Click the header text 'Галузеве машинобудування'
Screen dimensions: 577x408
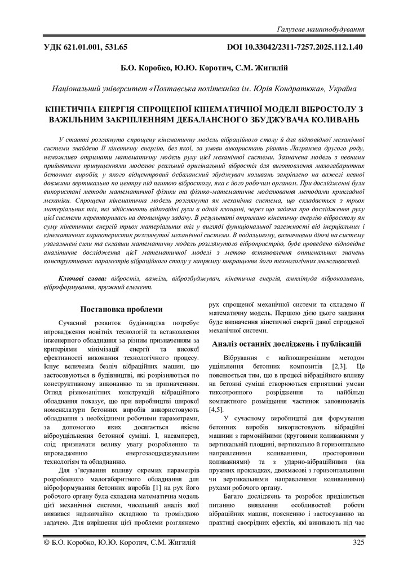pos(320,28)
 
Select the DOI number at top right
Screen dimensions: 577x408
pos(295,47)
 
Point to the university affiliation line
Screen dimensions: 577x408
pos(203,88)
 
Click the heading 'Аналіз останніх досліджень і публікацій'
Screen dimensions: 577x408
pos(286,344)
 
